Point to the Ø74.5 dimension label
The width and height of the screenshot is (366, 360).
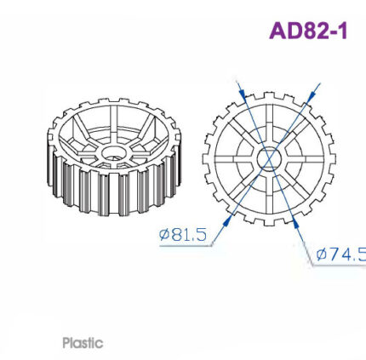(x=340, y=254)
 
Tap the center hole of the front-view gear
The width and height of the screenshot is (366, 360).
(x=268, y=158)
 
